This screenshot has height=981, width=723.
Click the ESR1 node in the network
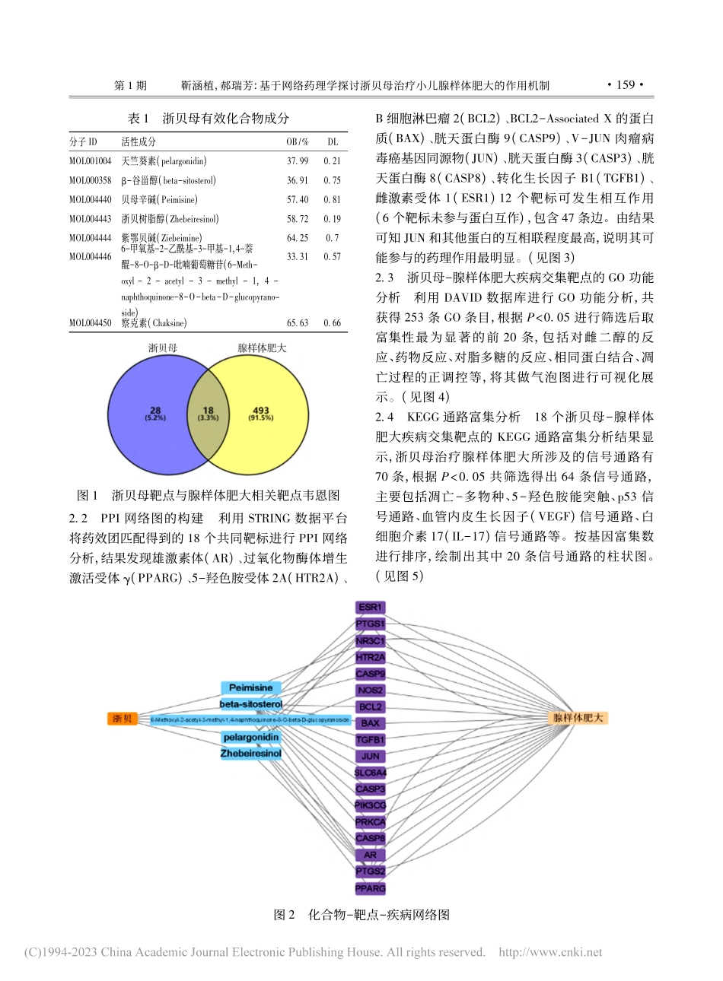pyautogui.click(x=371, y=608)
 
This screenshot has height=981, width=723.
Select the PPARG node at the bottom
pyautogui.click(x=371, y=888)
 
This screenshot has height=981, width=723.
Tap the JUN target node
pyautogui.click(x=371, y=756)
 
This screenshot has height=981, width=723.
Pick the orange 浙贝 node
pyautogui.click(x=122, y=719)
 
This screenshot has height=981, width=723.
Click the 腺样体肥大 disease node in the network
pyautogui.click(x=579, y=718)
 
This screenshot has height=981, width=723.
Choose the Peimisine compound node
pyautogui.click(x=250, y=688)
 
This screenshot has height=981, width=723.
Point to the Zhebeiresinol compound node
pyautogui.click(x=250, y=754)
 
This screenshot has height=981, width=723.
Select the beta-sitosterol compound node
pyautogui.click(x=250, y=705)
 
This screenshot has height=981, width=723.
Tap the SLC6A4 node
pyautogui.click(x=371, y=773)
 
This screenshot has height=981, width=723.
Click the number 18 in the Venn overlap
pyautogui.click(x=208, y=411)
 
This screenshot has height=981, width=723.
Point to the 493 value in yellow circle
pyautogui.click(x=261, y=411)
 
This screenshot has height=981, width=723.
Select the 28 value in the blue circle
pyautogui.click(x=155, y=411)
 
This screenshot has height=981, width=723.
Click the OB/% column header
pyautogui.click(x=297, y=142)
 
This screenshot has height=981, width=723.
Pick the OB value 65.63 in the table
pyautogui.click(x=297, y=323)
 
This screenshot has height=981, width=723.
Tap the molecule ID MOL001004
pyautogui.click(x=90, y=161)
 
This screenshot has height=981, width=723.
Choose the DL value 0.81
pyautogui.click(x=332, y=200)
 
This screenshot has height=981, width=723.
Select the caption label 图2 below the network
pyautogui.click(x=284, y=915)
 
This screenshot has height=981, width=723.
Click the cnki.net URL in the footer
pyautogui.click(x=549, y=952)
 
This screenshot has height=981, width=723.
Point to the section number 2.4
pyautogui.click(x=385, y=417)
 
